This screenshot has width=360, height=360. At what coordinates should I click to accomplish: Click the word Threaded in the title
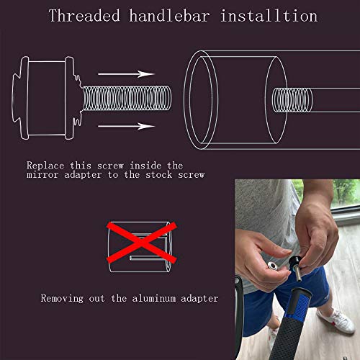pyautogui.click(x=84, y=16)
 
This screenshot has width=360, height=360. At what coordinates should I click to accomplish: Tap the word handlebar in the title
pyautogui.click(x=170, y=16)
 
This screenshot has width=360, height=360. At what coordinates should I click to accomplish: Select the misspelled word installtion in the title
pyautogui.click(x=269, y=16)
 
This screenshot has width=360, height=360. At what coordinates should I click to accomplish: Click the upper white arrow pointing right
pyautogui.click(x=126, y=74)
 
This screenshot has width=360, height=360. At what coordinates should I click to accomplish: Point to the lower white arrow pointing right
pyautogui.click(x=126, y=126)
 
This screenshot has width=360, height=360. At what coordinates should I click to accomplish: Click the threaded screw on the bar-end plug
pyautogui.click(x=127, y=99)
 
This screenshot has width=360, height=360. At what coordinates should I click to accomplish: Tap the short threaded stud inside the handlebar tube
pyautogui.click(x=292, y=100)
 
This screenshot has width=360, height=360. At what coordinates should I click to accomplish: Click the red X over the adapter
pyautogui.click(x=142, y=243)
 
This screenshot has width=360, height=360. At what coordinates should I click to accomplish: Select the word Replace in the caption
pyautogui.click(x=45, y=166)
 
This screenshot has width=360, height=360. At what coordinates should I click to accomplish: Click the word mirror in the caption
pyautogui.click(x=42, y=175)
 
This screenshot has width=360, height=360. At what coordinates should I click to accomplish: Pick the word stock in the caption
pyautogui.click(x=159, y=175)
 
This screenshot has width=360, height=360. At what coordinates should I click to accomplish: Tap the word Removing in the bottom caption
pyautogui.click(x=62, y=299)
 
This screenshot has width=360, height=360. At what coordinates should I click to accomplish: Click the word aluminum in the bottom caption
pyautogui.click(x=153, y=298)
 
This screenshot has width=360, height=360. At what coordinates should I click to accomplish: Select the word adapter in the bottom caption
pyautogui.click(x=199, y=299)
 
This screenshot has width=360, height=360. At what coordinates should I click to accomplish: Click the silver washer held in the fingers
pyautogui.click(x=274, y=266)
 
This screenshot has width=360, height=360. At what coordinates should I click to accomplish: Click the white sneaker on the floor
pyautogui.click(x=337, y=321)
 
